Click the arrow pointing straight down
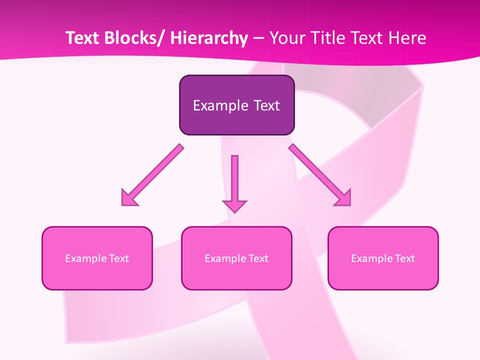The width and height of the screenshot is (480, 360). pos(234,180)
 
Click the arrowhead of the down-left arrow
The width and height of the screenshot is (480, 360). pos(128,199)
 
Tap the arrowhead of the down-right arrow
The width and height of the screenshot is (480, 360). pos(344,199)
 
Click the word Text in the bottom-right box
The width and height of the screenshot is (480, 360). pos(404,258)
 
